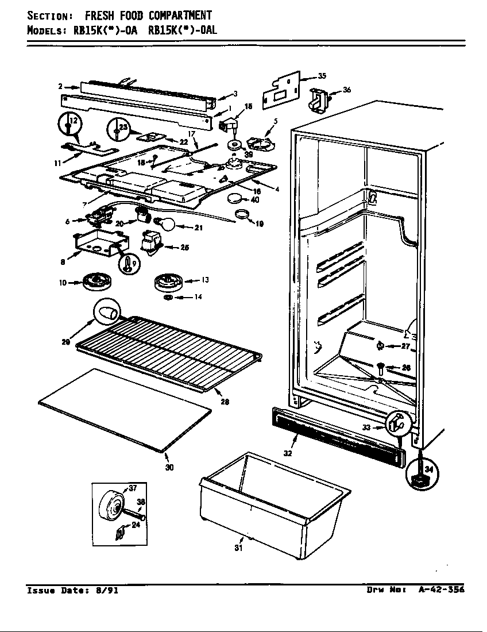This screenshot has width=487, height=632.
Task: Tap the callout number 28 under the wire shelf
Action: pyautogui.click(x=225, y=402)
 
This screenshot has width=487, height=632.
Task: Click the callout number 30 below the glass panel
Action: pyautogui.click(x=169, y=467)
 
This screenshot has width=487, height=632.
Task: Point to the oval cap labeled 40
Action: pyautogui.click(x=234, y=199)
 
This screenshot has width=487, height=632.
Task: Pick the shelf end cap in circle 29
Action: pyautogui.click(x=107, y=314)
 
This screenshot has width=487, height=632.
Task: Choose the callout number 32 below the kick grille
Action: pyautogui.click(x=287, y=453)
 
